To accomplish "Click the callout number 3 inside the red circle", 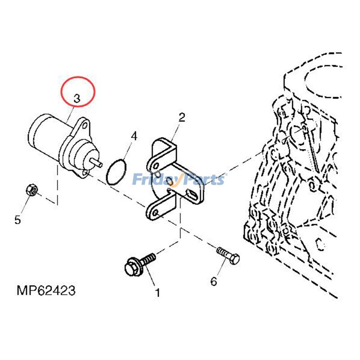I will tap(77, 98).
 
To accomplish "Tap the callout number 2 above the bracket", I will tap(181, 118).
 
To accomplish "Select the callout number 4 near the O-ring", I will tap(134, 136).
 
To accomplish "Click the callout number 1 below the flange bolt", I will tap(158, 293).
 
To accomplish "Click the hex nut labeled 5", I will tap(31, 190).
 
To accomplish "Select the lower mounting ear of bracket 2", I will tap(156, 211).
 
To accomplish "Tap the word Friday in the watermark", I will tap(152, 180).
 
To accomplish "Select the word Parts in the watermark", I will tap(202, 180).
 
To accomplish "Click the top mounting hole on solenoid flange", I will tap(84, 129).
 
